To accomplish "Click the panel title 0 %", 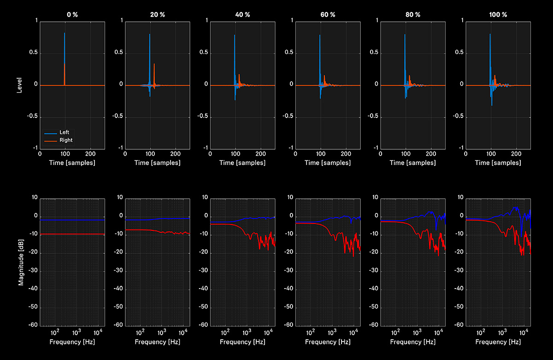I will pyautogui.click(x=72, y=15).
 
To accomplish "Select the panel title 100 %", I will pyautogui.click(x=498, y=15).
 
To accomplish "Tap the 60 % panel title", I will pyautogui.click(x=328, y=15).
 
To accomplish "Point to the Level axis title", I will pyautogui.click(x=19, y=85).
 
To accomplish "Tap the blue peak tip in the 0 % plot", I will pyautogui.click(x=65, y=33).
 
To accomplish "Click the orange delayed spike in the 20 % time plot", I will pyautogui.click(x=154, y=64).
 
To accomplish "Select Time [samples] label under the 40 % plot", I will pyautogui.click(x=242, y=163).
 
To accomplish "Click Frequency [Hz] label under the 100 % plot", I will pyautogui.click(x=498, y=342).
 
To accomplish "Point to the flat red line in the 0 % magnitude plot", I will pyautogui.click(x=72, y=235).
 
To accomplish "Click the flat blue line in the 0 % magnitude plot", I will pyautogui.click(x=72, y=220).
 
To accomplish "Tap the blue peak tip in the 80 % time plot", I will pyautogui.click(x=405, y=34).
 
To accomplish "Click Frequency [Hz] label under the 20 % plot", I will pyautogui.click(x=157, y=342).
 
